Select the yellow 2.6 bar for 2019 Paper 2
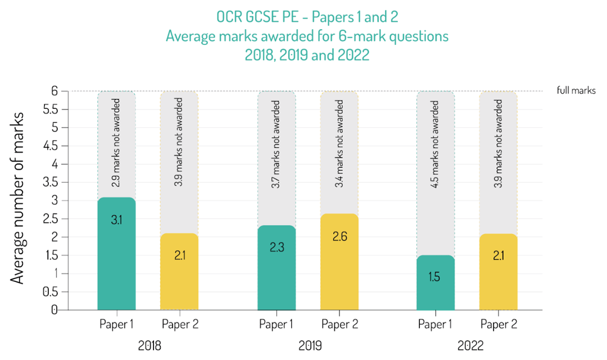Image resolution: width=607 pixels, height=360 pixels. tap(339, 262)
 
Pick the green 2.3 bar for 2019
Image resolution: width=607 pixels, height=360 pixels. tap(276, 267)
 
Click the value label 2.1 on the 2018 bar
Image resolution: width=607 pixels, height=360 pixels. tap(179, 256)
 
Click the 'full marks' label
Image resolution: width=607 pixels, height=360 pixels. tap(576, 90)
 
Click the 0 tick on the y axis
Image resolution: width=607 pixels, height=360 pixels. tap(54, 310)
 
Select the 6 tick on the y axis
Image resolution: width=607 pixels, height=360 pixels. tap(54, 91)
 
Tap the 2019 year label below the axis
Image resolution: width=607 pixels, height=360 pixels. tap(308, 345)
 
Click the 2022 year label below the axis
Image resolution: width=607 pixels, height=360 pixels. tap(467, 345)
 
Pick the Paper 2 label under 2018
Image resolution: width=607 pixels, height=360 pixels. tap(180, 324)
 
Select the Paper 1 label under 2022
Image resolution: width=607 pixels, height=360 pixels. tap(436, 324)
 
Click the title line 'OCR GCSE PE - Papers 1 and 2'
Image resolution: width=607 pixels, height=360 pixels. tap(307, 17)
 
